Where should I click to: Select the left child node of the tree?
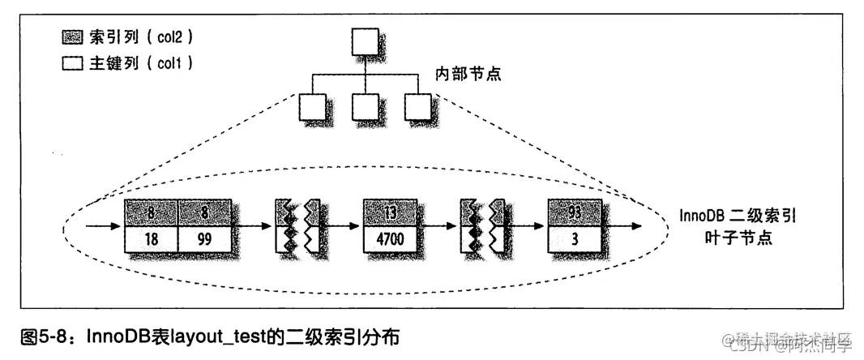click(x=312, y=105)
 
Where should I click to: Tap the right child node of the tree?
click(x=418, y=105)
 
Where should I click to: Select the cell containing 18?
click(x=151, y=239)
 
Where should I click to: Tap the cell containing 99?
click(x=205, y=239)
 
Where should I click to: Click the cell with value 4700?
click(x=391, y=239)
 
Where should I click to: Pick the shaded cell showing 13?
click(x=391, y=212)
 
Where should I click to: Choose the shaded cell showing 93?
click(x=575, y=212)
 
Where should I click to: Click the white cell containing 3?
click(x=575, y=239)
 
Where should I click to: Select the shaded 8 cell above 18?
click(x=151, y=212)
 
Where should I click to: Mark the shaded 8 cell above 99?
click(x=205, y=212)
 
